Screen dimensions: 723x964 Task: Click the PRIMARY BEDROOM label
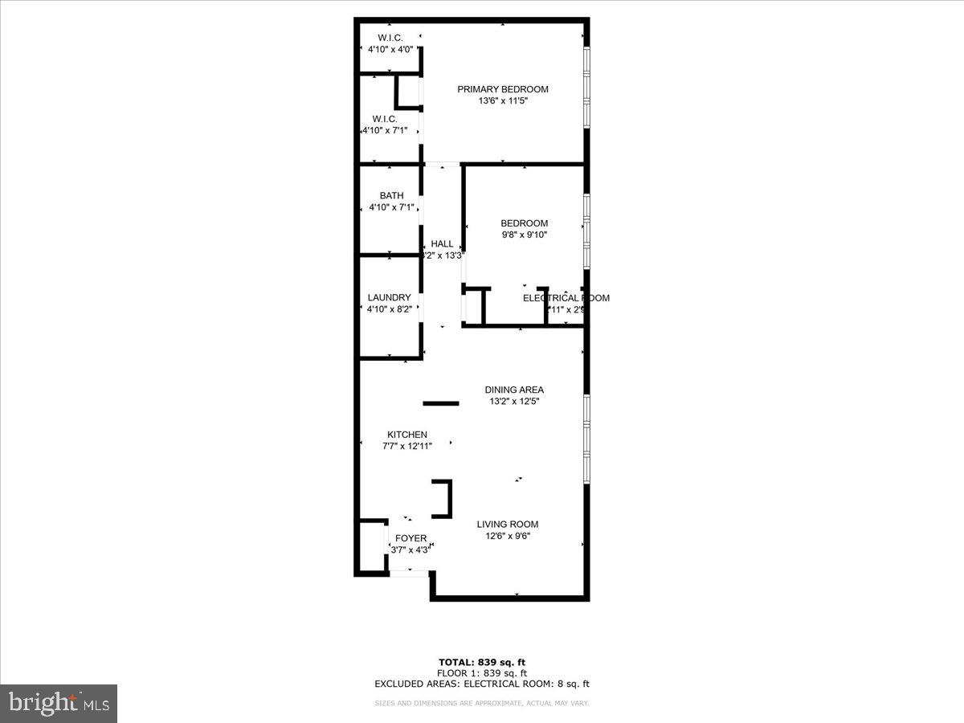coord(503,89)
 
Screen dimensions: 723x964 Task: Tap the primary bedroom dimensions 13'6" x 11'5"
coord(503,101)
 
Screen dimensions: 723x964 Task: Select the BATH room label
coord(392,196)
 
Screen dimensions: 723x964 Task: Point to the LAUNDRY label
coord(390,297)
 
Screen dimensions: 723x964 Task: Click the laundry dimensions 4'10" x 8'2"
coord(390,309)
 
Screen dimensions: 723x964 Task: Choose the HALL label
coord(442,244)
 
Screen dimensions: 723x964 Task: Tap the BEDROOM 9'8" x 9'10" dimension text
coord(524,235)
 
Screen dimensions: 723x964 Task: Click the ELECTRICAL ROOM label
coord(566,298)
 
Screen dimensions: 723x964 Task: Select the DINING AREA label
coord(514,390)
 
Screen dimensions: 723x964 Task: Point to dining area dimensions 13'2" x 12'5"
coord(514,402)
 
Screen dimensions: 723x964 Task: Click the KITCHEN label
coord(407,435)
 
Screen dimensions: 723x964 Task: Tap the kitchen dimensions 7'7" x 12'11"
coord(407,447)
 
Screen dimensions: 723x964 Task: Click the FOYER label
coord(411,538)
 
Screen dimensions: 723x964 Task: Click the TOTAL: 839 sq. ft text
coord(482,662)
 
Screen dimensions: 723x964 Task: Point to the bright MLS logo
coord(59,704)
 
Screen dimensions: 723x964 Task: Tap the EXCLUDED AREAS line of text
coord(482,684)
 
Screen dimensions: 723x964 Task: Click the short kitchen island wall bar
coord(441,403)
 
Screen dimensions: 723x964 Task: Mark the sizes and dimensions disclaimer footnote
coord(482,704)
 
